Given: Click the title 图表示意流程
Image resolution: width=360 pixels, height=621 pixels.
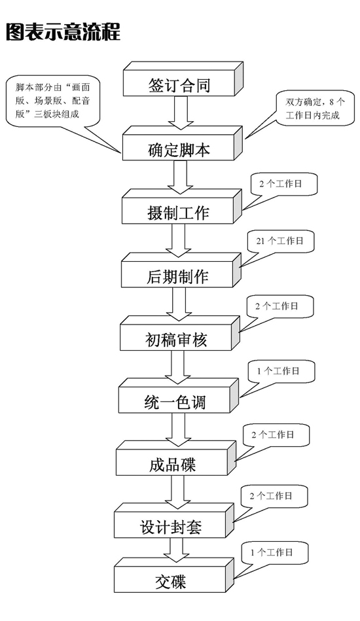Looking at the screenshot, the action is pos(63,31).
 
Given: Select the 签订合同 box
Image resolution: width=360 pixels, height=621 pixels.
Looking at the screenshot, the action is pos(183,79).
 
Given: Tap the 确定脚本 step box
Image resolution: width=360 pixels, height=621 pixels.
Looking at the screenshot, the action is pos(182,143).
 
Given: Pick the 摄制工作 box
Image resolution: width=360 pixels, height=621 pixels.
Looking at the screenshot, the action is pos(181,206).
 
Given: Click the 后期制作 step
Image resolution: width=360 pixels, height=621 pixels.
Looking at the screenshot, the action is pos(181,270).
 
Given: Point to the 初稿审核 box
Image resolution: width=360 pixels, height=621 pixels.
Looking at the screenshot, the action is pos(180,333).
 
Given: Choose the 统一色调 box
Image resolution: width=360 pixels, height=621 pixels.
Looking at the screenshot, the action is pos(179,396).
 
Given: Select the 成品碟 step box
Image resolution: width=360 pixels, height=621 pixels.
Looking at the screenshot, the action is pos(177,458).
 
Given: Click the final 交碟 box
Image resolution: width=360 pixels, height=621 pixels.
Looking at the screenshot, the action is pos(175,575).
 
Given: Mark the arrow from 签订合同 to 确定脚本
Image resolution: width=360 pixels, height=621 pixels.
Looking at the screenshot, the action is pos(181,113).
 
